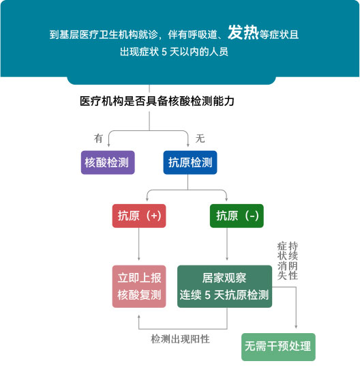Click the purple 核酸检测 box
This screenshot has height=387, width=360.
(x=108, y=162)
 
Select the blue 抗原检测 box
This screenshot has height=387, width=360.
(x=190, y=162)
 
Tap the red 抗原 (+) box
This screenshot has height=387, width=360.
(x=139, y=216)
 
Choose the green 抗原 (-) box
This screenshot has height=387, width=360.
(x=237, y=216)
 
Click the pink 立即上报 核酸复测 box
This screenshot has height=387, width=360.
(x=139, y=286)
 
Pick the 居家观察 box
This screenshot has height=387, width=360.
(x=224, y=286)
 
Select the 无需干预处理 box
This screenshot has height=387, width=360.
(x=278, y=347)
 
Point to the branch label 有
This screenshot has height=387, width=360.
(x=98, y=138)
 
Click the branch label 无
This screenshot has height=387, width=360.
(x=200, y=138)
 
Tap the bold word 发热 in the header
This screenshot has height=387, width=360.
(x=243, y=33)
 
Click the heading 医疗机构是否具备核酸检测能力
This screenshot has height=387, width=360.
(x=157, y=101)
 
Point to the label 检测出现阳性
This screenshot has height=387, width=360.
(x=180, y=339)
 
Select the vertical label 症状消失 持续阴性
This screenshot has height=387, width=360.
(x=288, y=261)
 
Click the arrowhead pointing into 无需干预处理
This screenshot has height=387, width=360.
(x=296, y=327)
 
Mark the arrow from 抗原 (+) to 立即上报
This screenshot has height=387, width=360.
(x=139, y=244)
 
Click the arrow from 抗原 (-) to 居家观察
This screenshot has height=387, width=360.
(x=227, y=244)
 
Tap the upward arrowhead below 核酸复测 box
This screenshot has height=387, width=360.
(x=139, y=317)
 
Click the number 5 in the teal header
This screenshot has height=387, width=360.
(x=164, y=52)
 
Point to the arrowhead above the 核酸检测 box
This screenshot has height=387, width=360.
(x=108, y=145)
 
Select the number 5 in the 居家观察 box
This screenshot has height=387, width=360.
(x=208, y=295)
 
